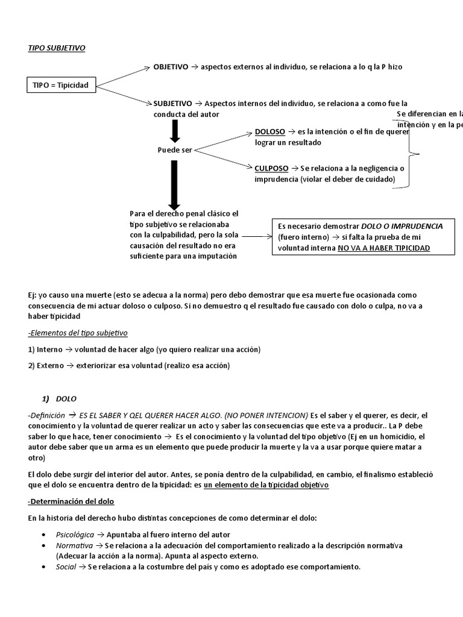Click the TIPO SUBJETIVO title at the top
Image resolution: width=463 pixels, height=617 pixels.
(x=57, y=48)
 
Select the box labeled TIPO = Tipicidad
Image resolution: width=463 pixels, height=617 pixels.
(x=60, y=85)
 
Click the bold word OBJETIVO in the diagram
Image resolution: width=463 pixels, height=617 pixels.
(x=171, y=67)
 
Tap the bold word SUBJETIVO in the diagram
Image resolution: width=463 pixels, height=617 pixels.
(x=173, y=104)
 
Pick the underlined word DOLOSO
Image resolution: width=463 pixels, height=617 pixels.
(x=270, y=131)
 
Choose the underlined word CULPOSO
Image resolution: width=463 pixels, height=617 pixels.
(x=272, y=168)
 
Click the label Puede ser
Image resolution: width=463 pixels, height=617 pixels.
(x=174, y=150)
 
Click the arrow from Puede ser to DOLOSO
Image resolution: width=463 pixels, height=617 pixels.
(x=223, y=140)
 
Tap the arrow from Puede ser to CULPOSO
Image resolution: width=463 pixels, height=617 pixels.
(x=223, y=158)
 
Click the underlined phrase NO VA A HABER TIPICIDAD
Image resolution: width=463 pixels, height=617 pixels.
(x=383, y=248)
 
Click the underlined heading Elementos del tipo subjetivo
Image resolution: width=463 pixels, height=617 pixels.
(x=78, y=333)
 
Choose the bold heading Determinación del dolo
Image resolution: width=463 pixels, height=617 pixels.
(x=71, y=501)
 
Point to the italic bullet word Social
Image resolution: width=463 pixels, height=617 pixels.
(x=66, y=567)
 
